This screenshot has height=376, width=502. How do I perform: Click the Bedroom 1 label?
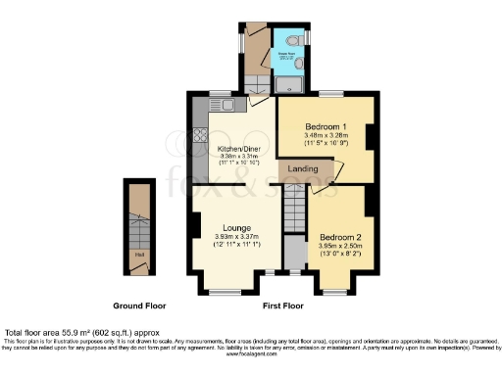323,127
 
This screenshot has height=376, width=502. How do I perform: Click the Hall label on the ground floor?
138,259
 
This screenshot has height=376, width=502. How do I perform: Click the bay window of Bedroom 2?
339,293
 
